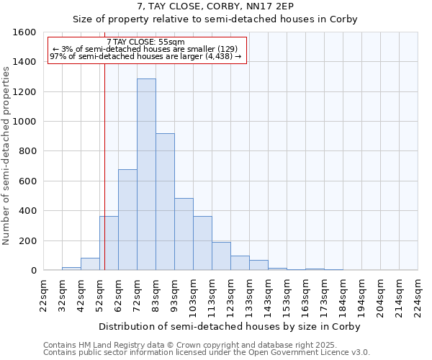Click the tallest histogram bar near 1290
tap(146, 174)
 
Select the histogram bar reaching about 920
tap(165, 202)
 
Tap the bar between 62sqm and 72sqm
tap(127, 220)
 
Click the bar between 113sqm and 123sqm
tap(221, 256)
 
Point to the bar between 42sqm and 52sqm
tap(90, 264)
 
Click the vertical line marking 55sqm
tap(104, 166)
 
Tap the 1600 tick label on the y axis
tap(24, 32)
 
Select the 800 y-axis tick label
tap(27, 151)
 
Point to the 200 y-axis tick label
tap(27, 240)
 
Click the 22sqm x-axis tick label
tap(43, 295)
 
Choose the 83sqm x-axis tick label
tap(156, 295)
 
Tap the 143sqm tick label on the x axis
tap(268, 295)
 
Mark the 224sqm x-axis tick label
tap(418, 295)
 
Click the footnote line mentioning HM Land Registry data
tap(206, 345)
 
